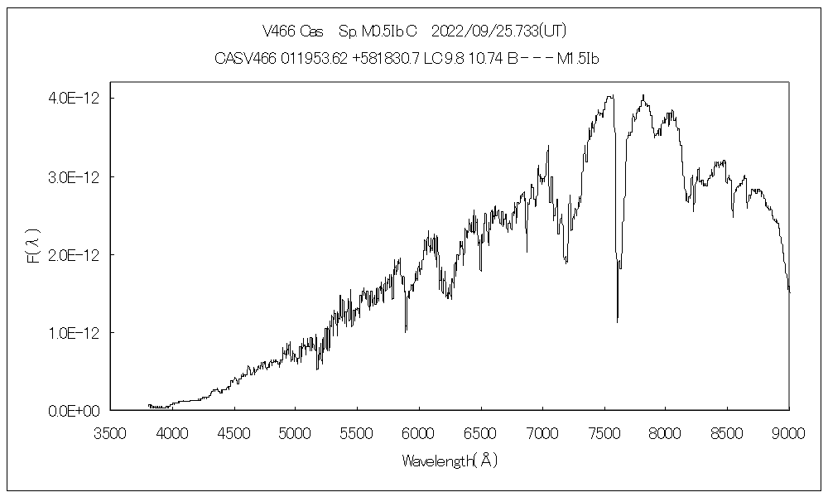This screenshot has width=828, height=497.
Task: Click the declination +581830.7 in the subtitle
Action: tap(387, 59)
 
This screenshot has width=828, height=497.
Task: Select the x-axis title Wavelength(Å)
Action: tap(449, 461)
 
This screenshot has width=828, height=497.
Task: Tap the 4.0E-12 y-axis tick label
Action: tap(74, 99)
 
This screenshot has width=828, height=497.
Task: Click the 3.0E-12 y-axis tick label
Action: tap(74, 177)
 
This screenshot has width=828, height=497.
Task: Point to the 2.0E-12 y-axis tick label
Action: tap(74, 255)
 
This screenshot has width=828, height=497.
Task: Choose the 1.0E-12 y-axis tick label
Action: tap(74, 333)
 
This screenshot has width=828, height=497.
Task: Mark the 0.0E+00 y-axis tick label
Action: tap(74, 411)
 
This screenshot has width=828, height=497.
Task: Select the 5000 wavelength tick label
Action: tap(296, 432)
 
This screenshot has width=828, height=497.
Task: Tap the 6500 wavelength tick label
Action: tap(480, 432)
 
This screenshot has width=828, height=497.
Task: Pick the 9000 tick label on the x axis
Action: tap(788, 432)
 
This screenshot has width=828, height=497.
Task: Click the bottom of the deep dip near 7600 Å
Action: tap(617, 321)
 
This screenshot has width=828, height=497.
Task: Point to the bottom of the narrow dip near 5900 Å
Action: tap(406, 331)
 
